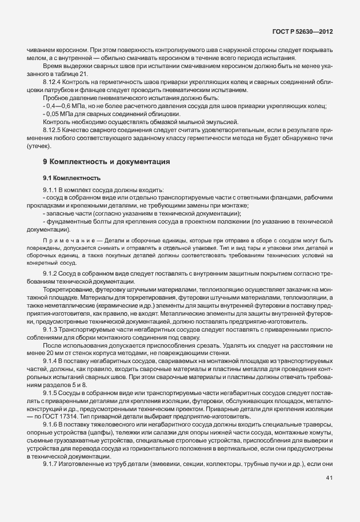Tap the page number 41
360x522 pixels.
point(329,494)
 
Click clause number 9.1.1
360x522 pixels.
point(51,190)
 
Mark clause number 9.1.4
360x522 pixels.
point(52,362)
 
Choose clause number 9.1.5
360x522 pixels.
point(52,393)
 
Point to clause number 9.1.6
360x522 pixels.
point(52,425)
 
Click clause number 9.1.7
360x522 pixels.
point(52,465)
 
